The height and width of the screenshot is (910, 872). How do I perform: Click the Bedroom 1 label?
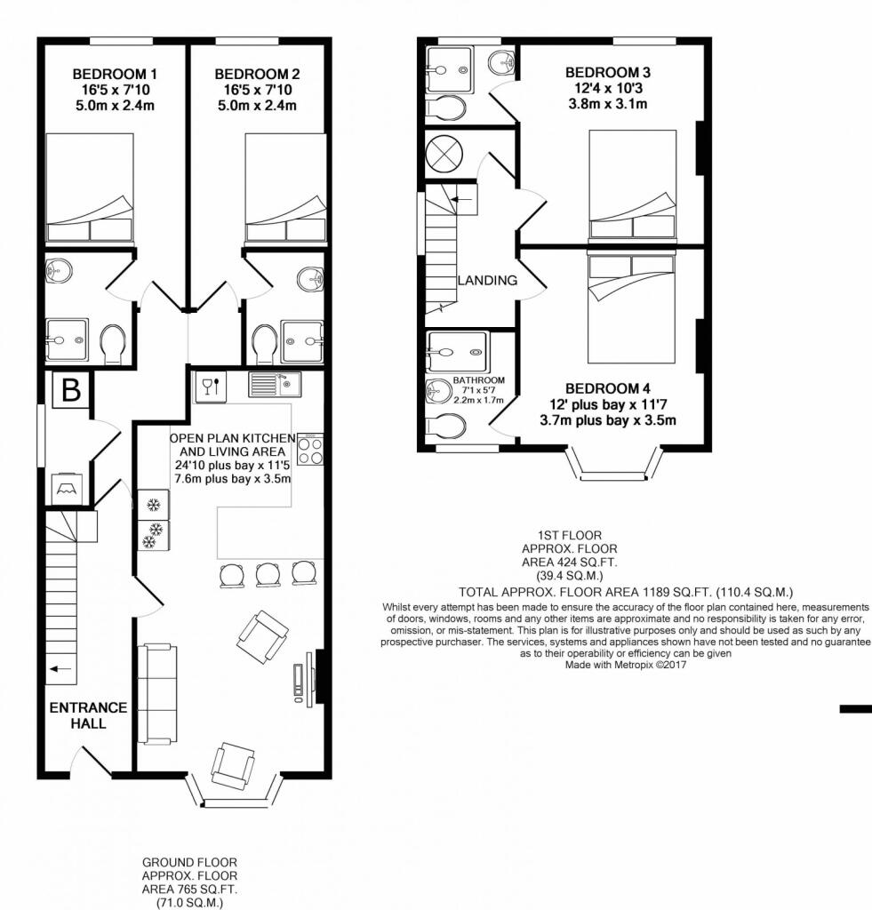click(115, 75)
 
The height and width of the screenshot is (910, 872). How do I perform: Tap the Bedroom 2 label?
click(257, 75)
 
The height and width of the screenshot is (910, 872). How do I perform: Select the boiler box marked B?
click(71, 390)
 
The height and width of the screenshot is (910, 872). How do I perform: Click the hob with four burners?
click(310, 449)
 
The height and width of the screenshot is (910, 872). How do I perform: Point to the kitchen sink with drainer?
click(275, 384)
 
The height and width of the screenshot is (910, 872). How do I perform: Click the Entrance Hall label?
click(88, 715)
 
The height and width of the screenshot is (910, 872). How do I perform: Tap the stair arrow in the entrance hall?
click(60, 669)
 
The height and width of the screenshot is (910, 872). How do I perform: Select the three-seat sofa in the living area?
click(157, 693)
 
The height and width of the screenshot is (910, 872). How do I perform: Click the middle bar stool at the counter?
click(268, 574)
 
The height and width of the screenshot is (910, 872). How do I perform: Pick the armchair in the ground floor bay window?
click(234, 765)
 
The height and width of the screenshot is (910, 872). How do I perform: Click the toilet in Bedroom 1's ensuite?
click(113, 344)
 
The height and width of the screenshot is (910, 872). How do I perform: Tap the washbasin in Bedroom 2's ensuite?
click(310, 278)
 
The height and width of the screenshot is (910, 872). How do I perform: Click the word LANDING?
click(487, 280)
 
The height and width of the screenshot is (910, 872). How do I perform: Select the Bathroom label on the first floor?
click(479, 380)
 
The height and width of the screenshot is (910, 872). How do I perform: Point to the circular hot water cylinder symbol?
click(444, 155)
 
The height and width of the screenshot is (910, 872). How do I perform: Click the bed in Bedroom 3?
click(632, 186)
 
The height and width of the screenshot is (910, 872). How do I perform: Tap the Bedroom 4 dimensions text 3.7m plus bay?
click(587, 420)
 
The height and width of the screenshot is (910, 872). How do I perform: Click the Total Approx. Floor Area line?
click(626, 592)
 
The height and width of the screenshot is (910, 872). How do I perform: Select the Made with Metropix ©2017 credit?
click(626, 665)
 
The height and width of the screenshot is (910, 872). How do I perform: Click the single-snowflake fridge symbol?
click(154, 505)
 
